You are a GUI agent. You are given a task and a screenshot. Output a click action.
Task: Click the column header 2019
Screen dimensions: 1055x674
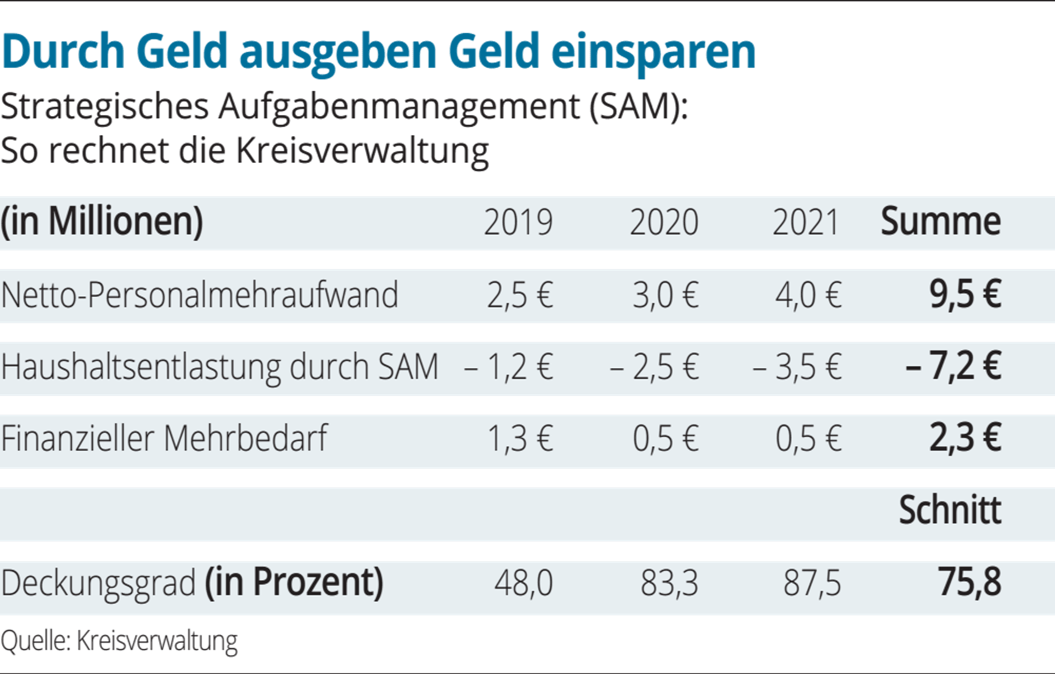(x=519, y=222)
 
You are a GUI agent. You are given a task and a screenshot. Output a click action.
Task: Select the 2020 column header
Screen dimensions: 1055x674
(x=664, y=222)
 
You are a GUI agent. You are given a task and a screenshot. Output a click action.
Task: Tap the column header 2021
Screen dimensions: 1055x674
(x=806, y=222)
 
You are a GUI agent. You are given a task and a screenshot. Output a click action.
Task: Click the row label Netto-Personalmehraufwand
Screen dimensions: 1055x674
(x=199, y=294)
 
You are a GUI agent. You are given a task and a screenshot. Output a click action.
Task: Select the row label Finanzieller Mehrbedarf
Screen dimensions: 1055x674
(x=164, y=439)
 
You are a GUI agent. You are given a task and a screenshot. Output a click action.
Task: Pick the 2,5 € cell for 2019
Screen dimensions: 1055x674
(x=520, y=295)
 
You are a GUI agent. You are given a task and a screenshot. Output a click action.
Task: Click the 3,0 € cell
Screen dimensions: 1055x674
(x=666, y=295)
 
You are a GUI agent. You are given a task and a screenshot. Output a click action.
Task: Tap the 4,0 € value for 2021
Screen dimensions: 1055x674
(x=809, y=295)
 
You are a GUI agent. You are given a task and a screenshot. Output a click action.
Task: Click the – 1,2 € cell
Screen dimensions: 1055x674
(x=509, y=367)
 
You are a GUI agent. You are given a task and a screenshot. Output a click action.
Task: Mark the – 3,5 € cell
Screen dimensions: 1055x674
(x=797, y=367)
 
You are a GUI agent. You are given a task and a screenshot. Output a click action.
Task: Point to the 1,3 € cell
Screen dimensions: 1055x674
(x=520, y=439)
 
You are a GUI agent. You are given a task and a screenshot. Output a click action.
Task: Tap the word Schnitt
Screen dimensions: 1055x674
(x=950, y=510)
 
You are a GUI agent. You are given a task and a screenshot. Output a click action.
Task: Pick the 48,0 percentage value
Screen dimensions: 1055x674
(x=524, y=583)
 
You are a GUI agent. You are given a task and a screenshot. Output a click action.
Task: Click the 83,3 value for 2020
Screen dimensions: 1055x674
(x=669, y=583)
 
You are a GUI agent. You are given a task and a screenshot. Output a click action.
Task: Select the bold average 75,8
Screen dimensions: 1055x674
(x=970, y=582)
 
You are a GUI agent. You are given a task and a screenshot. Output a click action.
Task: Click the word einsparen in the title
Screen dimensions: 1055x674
(x=654, y=52)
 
